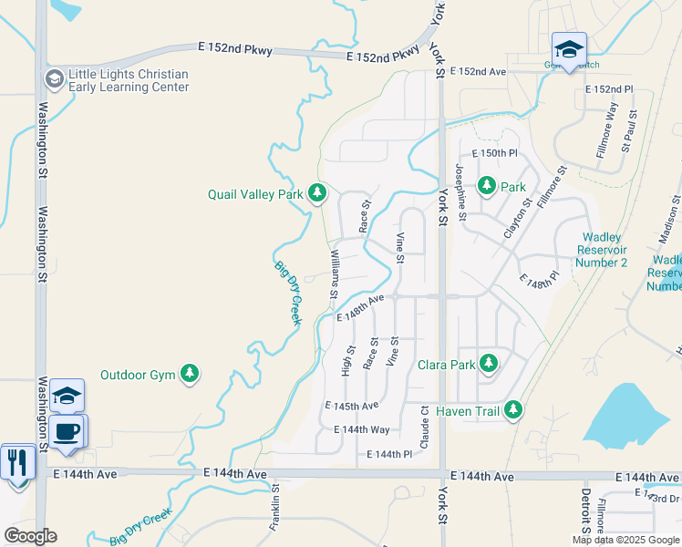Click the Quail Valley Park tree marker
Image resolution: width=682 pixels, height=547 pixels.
[x=317, y=192]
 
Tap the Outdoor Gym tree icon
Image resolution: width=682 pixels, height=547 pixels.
[x=189, y=374]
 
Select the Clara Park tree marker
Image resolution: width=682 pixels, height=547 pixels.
[x=489, y=364]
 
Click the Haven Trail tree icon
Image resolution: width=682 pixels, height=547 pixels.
[x=514, y=411]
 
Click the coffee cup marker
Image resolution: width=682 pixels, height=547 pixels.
[x=67, y=430]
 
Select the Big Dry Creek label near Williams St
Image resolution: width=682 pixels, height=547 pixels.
[x=288, y=293]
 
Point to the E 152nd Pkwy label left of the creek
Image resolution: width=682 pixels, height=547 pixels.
[x=236, y=49]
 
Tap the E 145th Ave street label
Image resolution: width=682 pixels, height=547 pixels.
[x=351, y=406]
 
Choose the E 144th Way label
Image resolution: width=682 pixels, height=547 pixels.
[x=362, y=429]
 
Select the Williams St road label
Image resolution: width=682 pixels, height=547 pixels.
[x=335, y=273]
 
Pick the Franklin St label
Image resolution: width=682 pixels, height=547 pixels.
[x=274, y=511]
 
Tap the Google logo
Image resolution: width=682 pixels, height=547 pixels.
[x=30, y=536]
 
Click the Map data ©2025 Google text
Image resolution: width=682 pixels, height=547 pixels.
[x=625, y=540]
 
